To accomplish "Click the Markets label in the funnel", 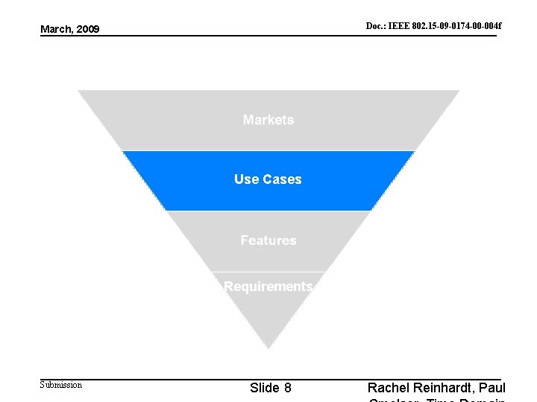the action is pos(268,120).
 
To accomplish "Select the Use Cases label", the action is pos(268,179).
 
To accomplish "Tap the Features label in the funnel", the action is pos(268,240).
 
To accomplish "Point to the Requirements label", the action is pos(268,287).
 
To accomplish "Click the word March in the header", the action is pos(56,29).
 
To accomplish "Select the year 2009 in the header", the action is pos(87,29).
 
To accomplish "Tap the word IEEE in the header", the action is pos(398,26).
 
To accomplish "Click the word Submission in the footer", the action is pos(61,385).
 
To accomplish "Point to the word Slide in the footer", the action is pos(265,388).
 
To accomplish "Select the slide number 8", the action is pos(288,388).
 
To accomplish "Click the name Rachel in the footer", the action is pos(390,388).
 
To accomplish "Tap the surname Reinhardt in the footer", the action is pos(445,388).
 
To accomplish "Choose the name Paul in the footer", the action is pos(492,388).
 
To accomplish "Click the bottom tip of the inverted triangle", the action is pos(268,347).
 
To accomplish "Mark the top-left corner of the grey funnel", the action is pos(79,91).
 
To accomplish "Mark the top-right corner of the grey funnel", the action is pos(459,91).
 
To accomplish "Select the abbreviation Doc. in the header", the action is pos(374,26).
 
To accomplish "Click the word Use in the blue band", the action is pos(245,179).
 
